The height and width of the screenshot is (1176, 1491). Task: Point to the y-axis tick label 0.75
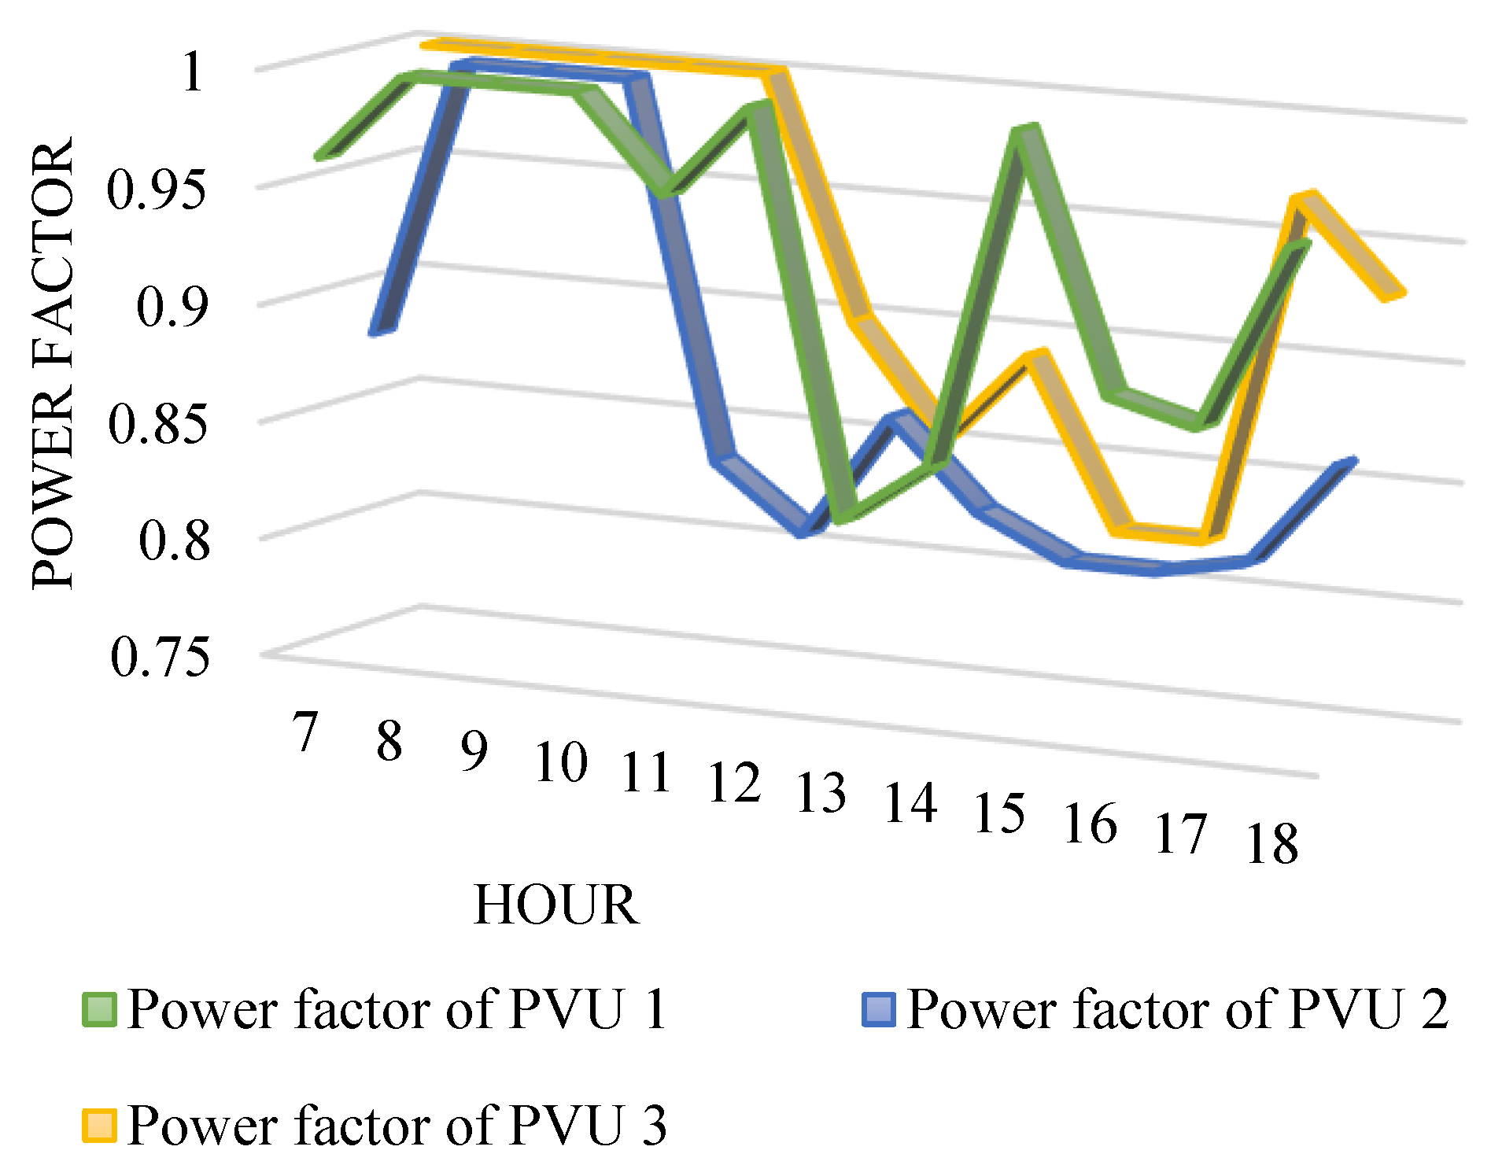pos(161,657)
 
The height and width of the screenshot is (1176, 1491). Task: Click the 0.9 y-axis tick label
pos(174,306)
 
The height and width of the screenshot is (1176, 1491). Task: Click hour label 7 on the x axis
pos(304,732)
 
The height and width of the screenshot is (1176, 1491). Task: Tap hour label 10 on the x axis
pos(561,761)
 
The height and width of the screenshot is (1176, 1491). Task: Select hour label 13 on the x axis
pos(821,792)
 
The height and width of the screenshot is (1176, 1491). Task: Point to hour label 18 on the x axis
pos(1272,844)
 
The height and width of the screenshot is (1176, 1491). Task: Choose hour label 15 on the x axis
pos(1000,813)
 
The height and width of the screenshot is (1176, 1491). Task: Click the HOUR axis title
pos(556,905)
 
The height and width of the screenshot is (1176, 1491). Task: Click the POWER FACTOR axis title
pos(53,363)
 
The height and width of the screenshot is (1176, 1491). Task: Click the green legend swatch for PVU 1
pos(100,1009)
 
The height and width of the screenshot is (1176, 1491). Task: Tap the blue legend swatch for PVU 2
pos(879,1009)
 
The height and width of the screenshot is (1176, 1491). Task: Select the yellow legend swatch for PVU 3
pos(100,1126)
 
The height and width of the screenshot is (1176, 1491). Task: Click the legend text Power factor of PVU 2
pos(1177,1008)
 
